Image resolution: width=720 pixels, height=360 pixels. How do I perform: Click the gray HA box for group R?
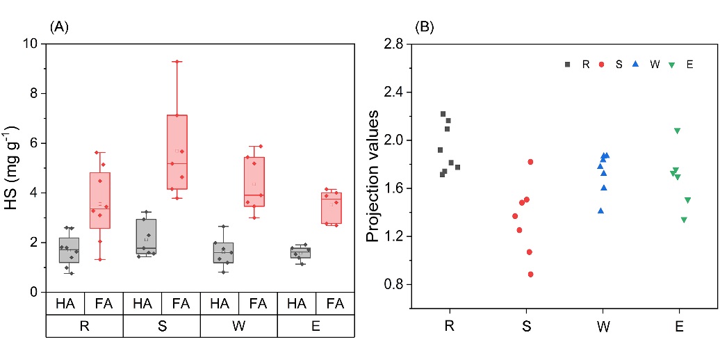(69, 250)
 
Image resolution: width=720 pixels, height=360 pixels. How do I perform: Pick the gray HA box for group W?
(223, 253)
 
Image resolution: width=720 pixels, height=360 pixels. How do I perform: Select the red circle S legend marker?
(601, 64)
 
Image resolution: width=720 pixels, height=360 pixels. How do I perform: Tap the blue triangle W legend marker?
(635, 64)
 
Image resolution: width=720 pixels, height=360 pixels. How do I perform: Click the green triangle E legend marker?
(672, 64)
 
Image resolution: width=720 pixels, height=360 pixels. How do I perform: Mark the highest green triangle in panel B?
(677, 131)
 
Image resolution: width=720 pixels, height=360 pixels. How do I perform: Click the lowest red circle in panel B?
(530, 275)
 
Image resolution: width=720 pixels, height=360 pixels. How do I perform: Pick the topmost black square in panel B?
(443, 114)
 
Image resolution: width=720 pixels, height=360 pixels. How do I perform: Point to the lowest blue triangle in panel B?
(600, 211)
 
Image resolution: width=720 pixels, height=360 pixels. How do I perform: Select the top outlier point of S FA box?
(177, 61)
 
